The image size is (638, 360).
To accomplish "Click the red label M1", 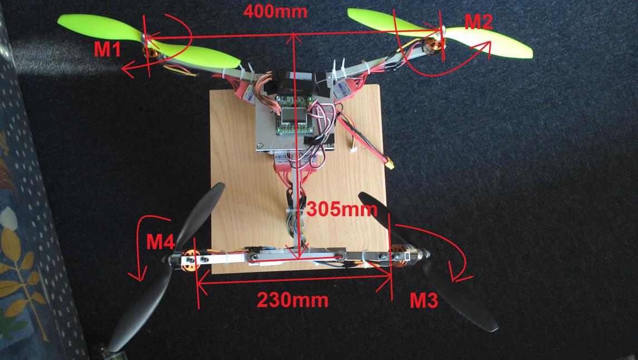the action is pyautogui.click(x=108, y=50).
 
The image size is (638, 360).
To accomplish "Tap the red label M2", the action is pyautogui.click(x=479, y=22).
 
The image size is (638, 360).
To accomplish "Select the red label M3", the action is pyautogui.click(x=423, y=300).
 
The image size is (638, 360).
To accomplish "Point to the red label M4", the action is pyautogui.click(x=160, y=242).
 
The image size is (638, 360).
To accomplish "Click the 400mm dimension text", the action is pyautogui.click(x=275, y=11).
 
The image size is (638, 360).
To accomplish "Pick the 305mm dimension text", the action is pyautogui.click(x=342, y=210).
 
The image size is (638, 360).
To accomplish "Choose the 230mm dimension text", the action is pyautogui.click(x=293, y=300).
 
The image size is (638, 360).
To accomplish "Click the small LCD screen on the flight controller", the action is pyautogui.click(x=292, y=116).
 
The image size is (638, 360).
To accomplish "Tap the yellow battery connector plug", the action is pyautogui.click(x=391, y=164).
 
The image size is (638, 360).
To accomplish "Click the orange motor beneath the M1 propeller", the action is pyautogui.click(x=151, y=52).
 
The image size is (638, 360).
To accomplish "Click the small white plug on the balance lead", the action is pyautogui.click(x=354, y=150).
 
